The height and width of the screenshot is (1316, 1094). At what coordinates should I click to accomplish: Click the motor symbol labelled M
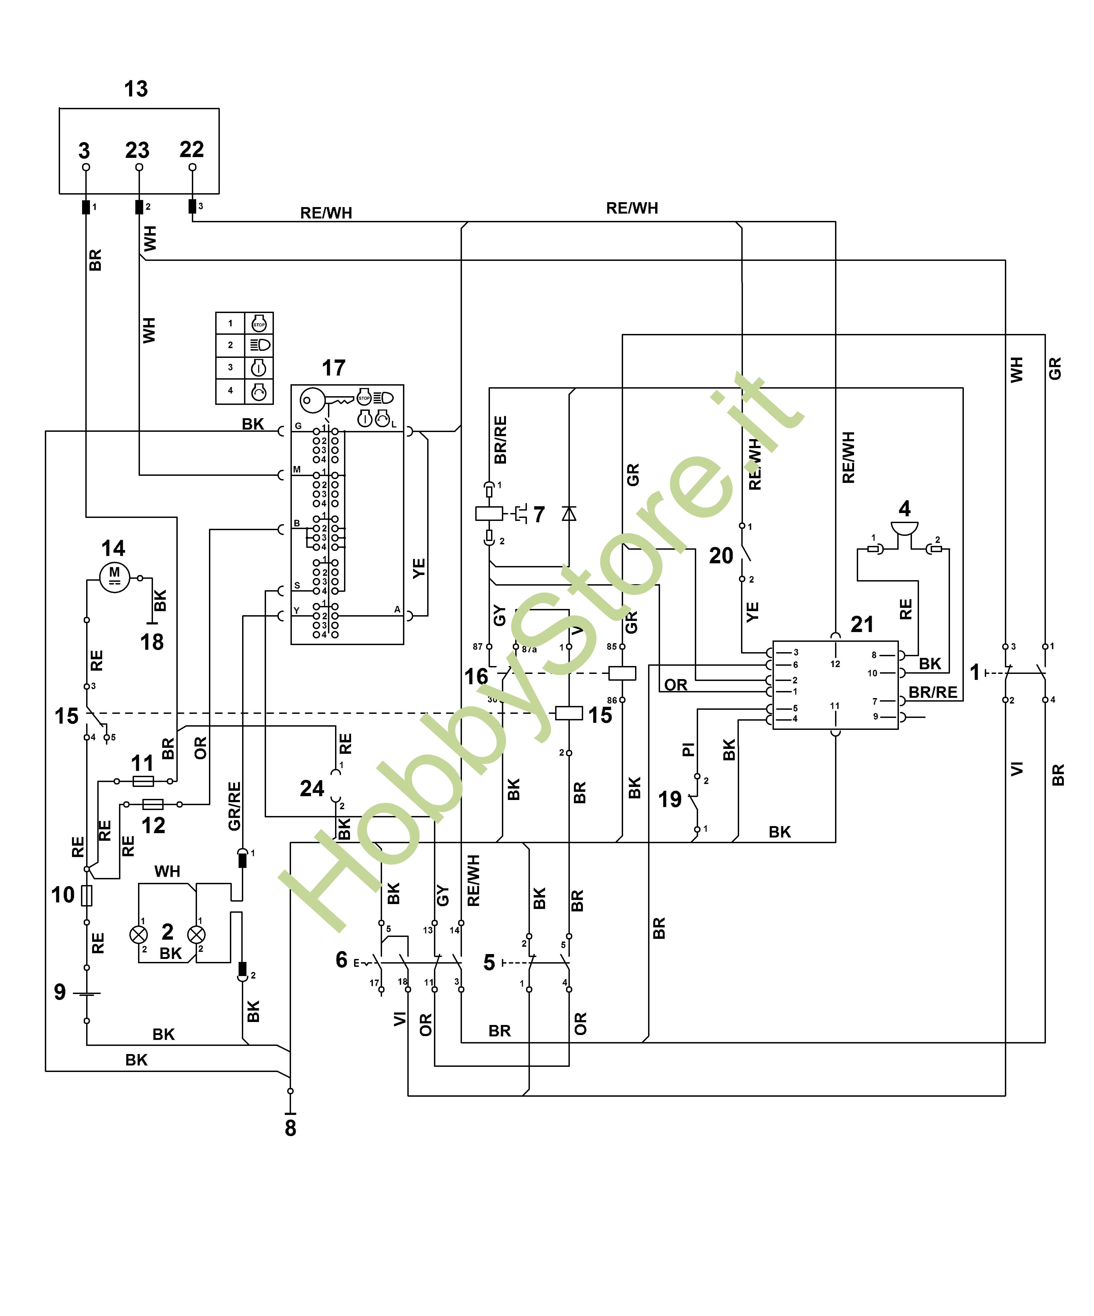[x=115, y=576]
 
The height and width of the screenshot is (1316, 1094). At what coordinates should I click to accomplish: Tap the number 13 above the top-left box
[x=136, y=89]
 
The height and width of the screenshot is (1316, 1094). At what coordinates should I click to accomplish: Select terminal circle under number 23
[x=139, y=167]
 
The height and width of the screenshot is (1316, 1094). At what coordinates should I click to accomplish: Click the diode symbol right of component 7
[x=569, y=514]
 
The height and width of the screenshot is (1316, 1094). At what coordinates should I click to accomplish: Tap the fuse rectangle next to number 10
[x=87, y=896]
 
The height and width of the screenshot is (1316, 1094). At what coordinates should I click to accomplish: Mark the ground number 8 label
[x=290, y=1128]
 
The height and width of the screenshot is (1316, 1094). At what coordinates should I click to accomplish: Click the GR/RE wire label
[x=234, y=807]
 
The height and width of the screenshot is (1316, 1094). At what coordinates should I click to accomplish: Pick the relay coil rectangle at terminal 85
[x=622, y=673]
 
